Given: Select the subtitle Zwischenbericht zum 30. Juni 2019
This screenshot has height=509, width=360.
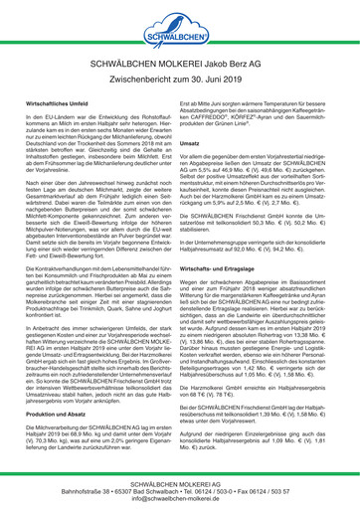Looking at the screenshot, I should pyautogui.click(x=180, y=77).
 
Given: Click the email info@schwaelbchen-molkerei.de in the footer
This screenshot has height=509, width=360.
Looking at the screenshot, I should pyautogui.click(x=180, y=499).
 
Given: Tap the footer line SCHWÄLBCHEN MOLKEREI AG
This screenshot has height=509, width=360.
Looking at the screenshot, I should pyautogui.click(x=180, y=481).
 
